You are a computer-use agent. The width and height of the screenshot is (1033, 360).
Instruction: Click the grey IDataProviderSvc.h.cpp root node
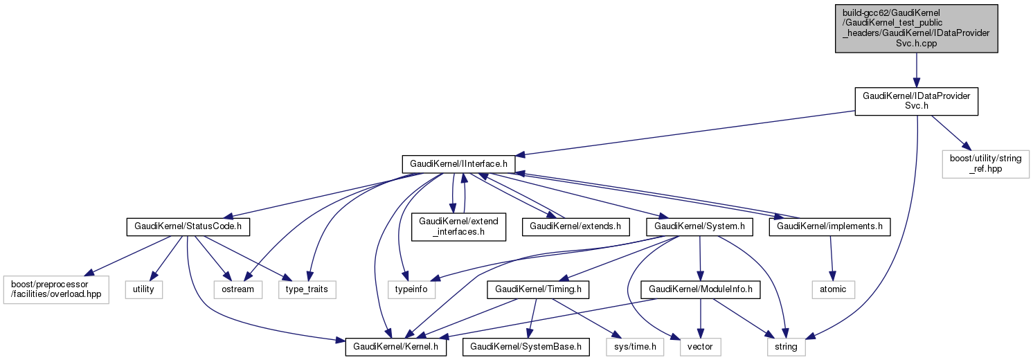[x=916, y=28]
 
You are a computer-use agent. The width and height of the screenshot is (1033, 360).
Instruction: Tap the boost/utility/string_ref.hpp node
[x=985, y=163]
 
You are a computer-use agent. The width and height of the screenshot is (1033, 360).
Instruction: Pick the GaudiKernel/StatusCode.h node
[x=188, y=226]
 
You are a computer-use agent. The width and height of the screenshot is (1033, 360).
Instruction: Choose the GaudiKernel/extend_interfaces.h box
[x=458, y=226]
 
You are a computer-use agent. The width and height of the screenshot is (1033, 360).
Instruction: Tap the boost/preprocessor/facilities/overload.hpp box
[x=55, y=289]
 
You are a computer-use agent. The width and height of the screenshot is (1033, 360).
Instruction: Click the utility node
[x=144, y=289]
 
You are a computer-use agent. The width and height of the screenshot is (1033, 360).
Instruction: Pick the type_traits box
[x=307, y=289]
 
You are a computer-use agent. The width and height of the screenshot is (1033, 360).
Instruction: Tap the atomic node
[x=833, y=289]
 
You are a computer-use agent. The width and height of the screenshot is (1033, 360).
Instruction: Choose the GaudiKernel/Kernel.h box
[x=397, y=345]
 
